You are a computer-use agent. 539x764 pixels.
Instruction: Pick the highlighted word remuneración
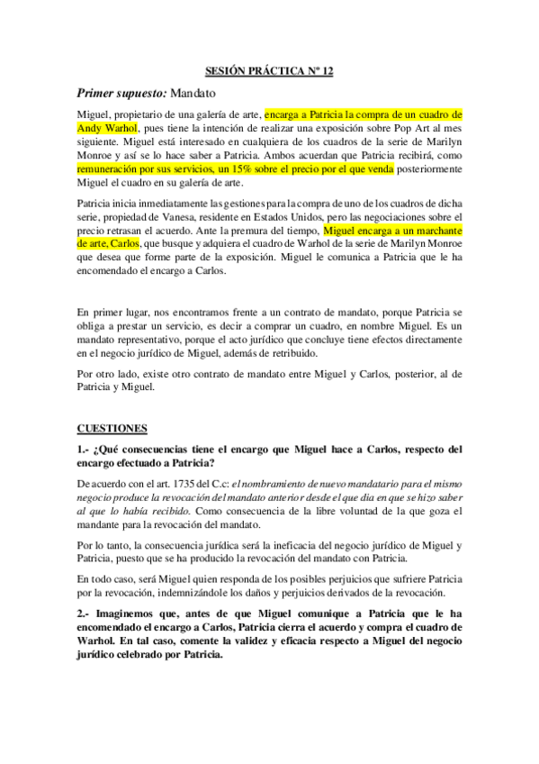tap(112, 168)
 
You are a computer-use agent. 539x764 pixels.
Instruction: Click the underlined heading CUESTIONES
tap(113, 427)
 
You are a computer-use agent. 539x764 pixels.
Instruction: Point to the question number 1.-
tap(85, 449)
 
